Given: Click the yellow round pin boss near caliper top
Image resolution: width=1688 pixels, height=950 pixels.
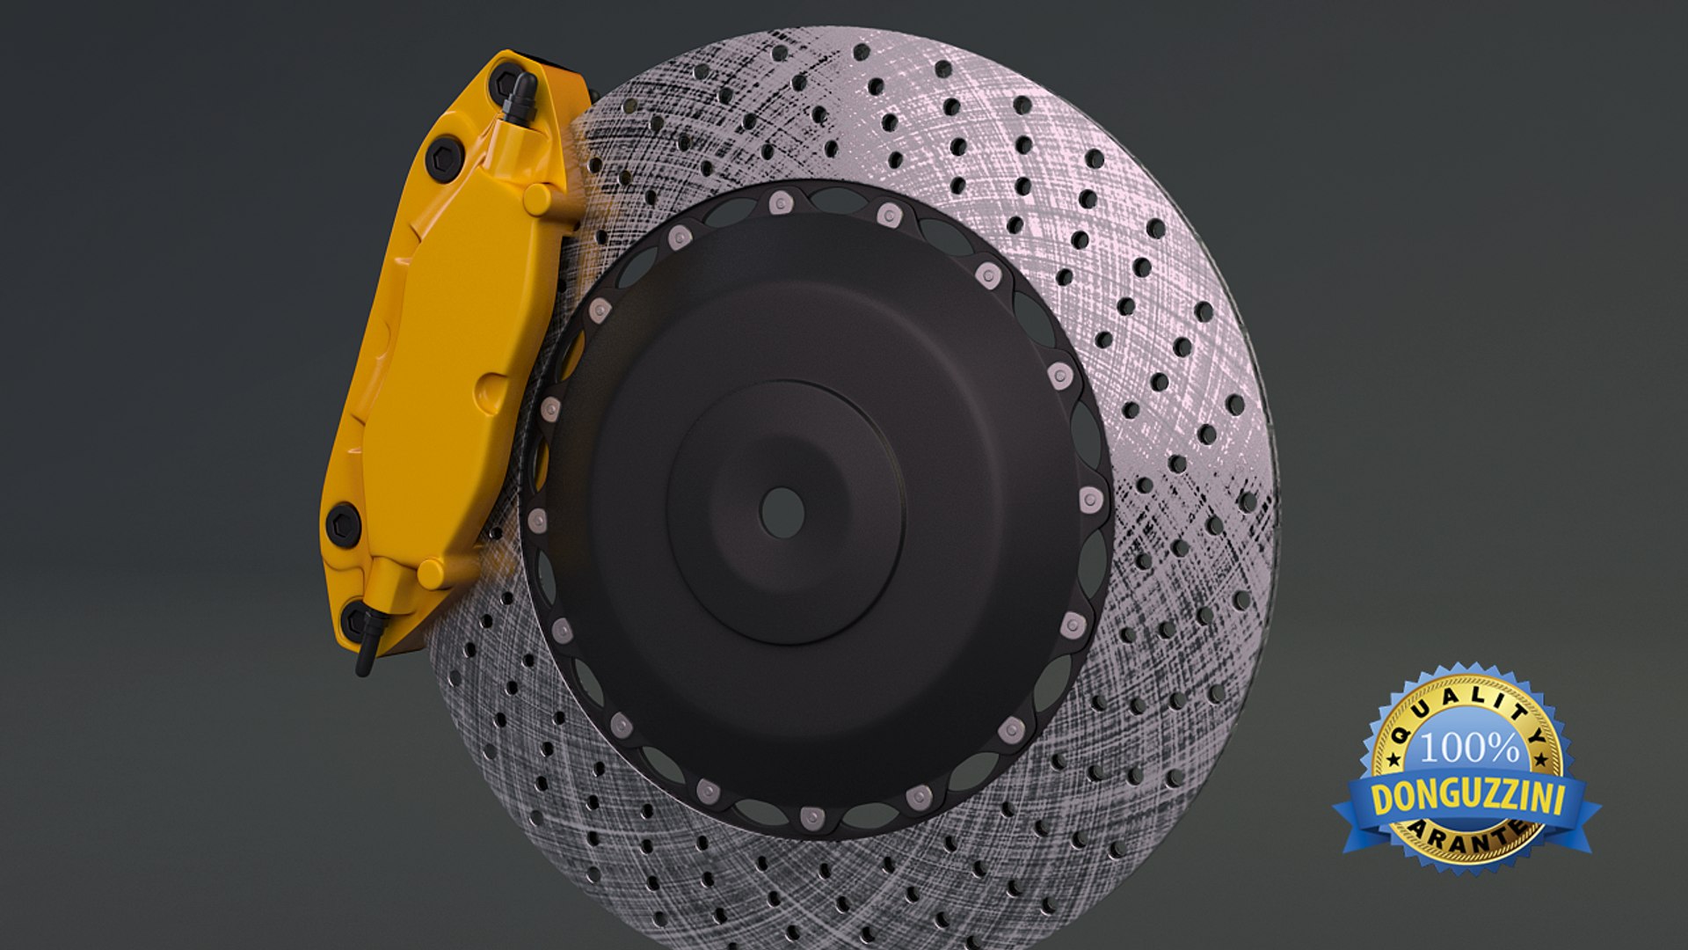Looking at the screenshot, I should [x=537, y=198].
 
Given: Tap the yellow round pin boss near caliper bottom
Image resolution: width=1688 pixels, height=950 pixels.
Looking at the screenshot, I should [x=431, y=574].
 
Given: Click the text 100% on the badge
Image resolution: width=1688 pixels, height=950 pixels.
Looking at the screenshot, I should [x=1469, y=749].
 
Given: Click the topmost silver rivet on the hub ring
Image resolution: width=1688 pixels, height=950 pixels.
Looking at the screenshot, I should [x=778, y=204].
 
